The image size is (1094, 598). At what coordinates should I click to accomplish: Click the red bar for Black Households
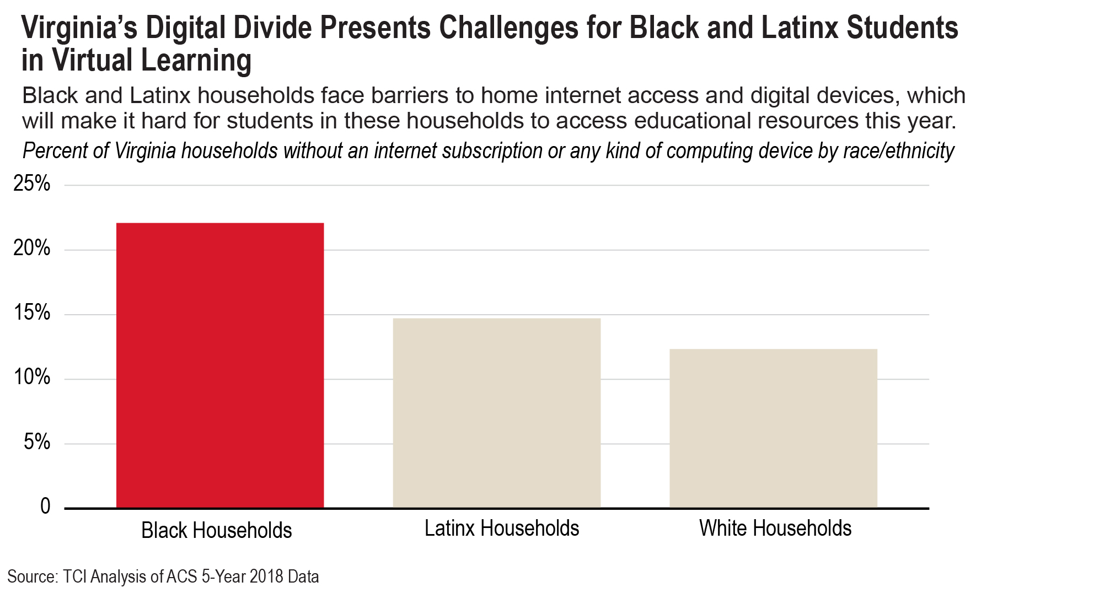coord(220,365)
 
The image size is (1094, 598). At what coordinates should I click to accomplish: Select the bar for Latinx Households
coord(497,413)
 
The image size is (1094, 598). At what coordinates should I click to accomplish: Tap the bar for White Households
coord(774,428)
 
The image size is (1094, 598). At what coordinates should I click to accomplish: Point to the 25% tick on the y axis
coord(32,184)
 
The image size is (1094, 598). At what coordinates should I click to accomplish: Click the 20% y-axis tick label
coord(32,249)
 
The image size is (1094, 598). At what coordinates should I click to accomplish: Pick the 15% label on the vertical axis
coord(32,313)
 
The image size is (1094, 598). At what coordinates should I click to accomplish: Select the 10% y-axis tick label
coord(32,378)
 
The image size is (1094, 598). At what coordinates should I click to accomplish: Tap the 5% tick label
coord(37,442)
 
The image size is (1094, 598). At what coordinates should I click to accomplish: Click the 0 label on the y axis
coord(45,506)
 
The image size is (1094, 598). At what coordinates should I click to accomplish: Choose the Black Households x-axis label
coord(217,530)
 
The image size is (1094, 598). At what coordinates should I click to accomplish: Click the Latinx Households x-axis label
coord(502,528)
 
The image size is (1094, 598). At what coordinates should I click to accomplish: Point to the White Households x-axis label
coord(775,528)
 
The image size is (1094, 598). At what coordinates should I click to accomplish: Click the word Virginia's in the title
coord(79,29)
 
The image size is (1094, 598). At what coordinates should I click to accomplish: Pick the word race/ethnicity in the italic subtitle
coord(899,151)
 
